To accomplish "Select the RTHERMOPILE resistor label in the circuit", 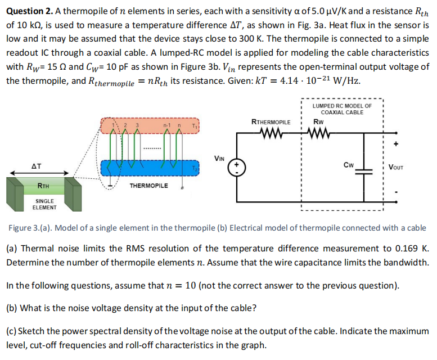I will click(271, 121).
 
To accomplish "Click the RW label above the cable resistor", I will click(318, 121).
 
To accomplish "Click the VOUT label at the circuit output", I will click(398, 167).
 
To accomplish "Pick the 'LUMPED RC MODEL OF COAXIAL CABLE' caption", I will click(341, 109).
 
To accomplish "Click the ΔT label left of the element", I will click(37, 167).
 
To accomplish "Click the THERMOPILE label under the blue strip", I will click(148, 185).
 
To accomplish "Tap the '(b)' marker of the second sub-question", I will click(12, 308).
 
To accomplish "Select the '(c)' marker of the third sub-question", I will click(12, 331).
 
